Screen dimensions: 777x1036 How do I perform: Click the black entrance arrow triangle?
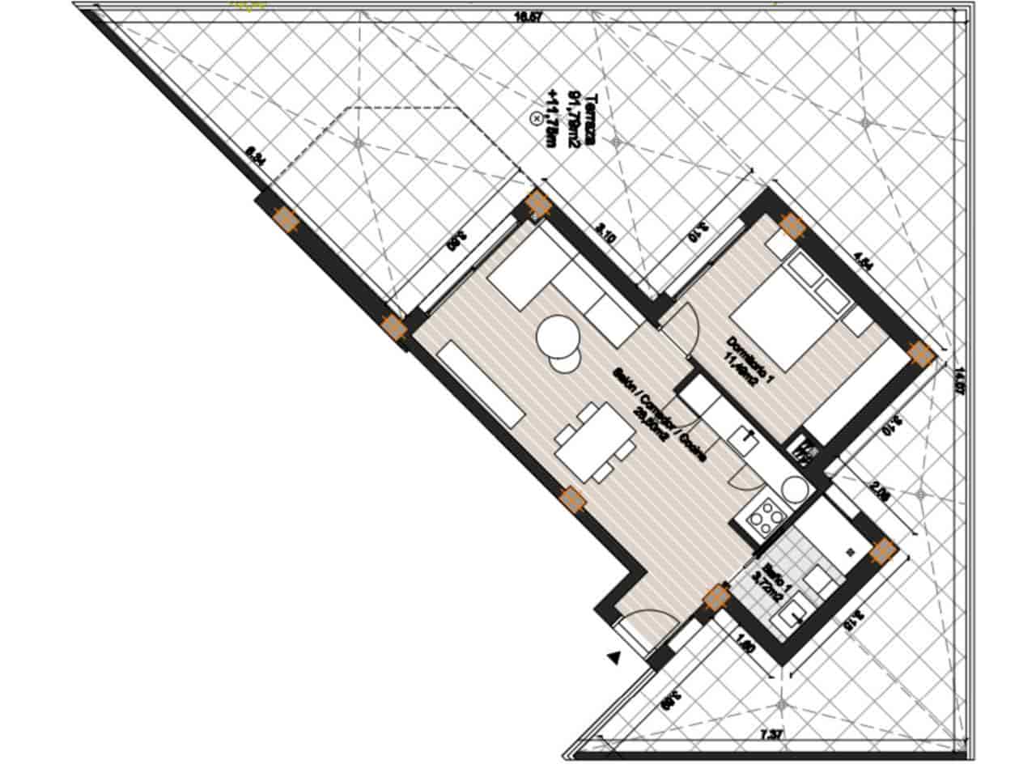click(x=616, y=658)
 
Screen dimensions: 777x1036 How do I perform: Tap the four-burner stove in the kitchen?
click(x=766, y=518)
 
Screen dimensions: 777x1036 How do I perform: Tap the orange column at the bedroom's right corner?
click(x=920, y=353)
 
